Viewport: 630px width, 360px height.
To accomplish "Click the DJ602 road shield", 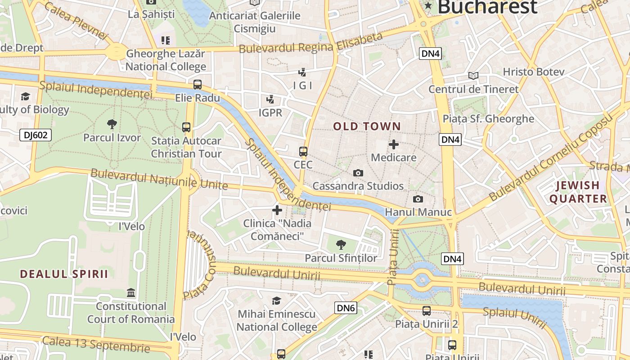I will click(36, 135).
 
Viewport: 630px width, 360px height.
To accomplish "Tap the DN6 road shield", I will click(346, 308).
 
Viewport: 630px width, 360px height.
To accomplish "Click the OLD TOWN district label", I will click(367, 126).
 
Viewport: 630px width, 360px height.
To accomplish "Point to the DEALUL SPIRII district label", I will click(64, 274).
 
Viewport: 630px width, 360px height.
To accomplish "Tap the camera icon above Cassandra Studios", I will click(358, 173).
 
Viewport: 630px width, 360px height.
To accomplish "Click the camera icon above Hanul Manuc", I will click(418, 199).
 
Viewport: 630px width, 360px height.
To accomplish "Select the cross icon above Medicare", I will click(394, 144).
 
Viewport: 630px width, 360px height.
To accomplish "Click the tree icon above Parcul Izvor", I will click(112, 124).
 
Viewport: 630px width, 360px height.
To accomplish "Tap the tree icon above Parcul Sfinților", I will click(341, 245).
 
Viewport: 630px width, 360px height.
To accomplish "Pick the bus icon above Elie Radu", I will click(198, 84).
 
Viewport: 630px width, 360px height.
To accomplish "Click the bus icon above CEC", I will click(303, 152).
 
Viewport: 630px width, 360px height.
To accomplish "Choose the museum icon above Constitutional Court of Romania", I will click(131, 293).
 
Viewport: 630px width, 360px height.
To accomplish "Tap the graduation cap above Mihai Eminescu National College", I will click(277, 301).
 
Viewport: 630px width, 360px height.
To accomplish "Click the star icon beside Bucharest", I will click(428, 6).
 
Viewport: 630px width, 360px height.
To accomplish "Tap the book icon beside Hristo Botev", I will click(473, 75).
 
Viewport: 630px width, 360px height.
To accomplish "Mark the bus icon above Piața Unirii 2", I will click(426, 310).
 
